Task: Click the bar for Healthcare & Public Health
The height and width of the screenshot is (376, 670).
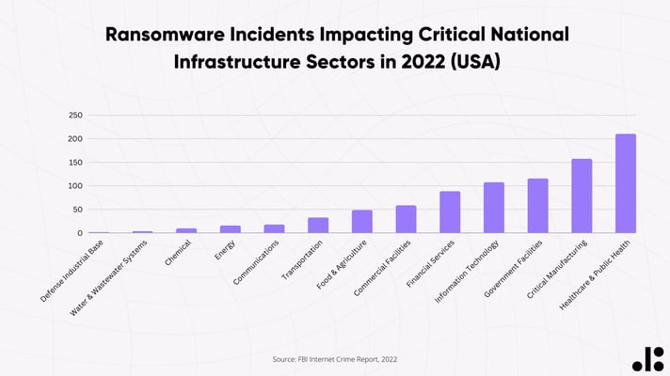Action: pyautogui.click(x=626, y=183)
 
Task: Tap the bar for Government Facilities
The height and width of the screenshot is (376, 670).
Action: pyautogui.click(x=537, y=206)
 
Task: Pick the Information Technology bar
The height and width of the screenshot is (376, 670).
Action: pyautogui.click(x=494, y=208)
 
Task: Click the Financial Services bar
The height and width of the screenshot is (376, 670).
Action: pyautogui.click(x=450, y=212)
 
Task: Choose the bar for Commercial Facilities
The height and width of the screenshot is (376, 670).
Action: pyautogui.click(x=406, y=219)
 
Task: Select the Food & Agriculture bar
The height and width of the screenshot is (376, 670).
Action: pyautogui.click(x=362, y=222)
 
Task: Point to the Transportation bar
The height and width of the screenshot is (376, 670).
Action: pyautogui.click(x=318, y=226)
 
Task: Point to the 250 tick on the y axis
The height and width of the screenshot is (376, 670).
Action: pyautogui.click(x=75, y=116)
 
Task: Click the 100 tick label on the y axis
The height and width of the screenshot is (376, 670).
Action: pyautogui.click(x=75, y=186)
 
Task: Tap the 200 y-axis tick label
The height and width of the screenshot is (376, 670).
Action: pyautogui.click(x=75, y=139)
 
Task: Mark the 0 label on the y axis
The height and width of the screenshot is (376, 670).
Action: pyautogui.click(x=80, y=233)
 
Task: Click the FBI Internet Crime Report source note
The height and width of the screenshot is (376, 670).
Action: pyautogui.click(x=335, y=358)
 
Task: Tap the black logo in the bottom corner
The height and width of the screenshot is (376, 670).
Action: pyautogui.click(x=646, y=357)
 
